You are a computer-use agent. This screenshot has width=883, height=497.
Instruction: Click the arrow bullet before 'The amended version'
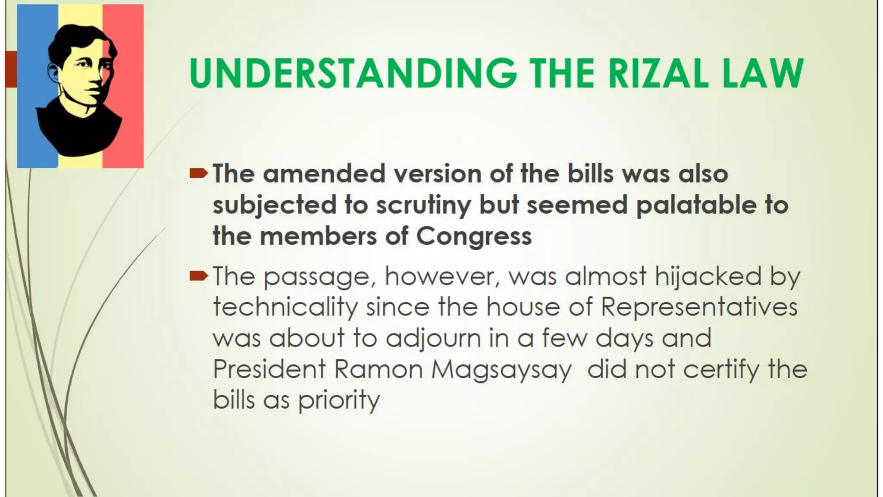tap(198, 174)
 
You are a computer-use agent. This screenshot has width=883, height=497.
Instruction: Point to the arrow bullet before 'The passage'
tap(198, 276)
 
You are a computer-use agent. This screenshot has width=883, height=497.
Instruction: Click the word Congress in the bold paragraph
tap(474, 236)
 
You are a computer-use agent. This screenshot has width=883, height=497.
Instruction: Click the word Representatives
tap(699, 307)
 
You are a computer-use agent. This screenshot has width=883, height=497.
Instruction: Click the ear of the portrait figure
tap(53, 74)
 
